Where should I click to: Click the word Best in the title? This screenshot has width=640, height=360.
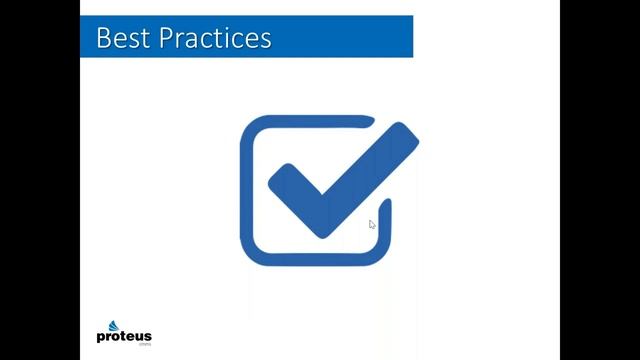click(x=117, y=38)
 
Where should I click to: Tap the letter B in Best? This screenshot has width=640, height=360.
click(x=102, y=38)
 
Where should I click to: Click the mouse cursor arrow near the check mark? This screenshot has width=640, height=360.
click(x=372, y=225)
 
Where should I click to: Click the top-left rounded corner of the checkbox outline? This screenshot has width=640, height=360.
click(x=251, y=127)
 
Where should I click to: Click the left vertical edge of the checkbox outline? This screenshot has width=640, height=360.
click(x=245, y=190)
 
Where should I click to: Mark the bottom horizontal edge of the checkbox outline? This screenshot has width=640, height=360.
click(x=315, y=261)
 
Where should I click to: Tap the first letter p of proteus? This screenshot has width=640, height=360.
click(x=101, y=338)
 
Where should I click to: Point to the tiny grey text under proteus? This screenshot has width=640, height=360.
click(x=143, y=346)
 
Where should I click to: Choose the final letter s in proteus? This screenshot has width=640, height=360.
click(x=146, y=337)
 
